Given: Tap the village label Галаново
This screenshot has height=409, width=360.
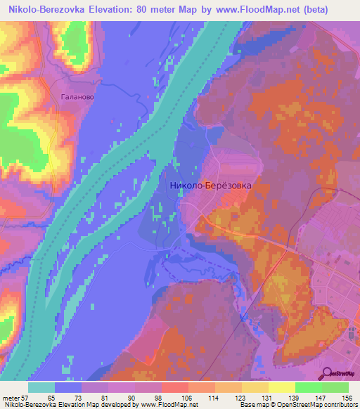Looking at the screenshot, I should point(78,98).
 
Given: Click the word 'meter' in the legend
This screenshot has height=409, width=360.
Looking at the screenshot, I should point(9,397).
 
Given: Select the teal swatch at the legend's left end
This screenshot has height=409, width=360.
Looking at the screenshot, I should point(41,387).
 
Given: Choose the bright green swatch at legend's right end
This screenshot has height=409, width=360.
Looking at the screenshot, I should point(335,387).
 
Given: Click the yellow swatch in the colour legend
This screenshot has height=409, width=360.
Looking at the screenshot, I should point(281,387).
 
